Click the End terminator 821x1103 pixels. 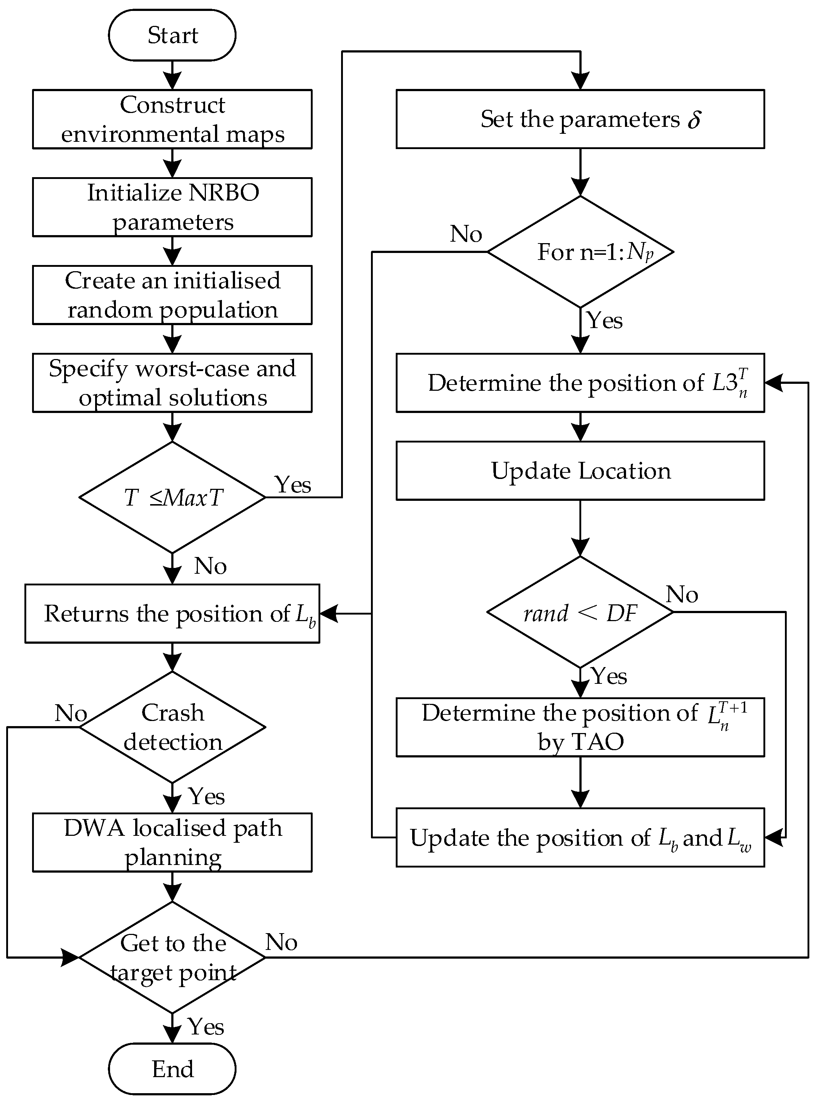tap(172, 1069)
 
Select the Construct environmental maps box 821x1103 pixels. tap(172, 119)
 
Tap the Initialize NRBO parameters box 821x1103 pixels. tap(172, 207)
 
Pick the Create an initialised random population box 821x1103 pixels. tap(172, 295)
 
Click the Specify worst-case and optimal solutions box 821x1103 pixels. tap(172, 383)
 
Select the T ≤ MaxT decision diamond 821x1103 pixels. tap(172, 497)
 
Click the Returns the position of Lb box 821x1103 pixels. tap(172, 613)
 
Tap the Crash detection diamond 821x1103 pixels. tap(172, 727)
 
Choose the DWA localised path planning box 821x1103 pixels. tap(172, 842)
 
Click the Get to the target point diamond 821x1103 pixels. tap(172, 957)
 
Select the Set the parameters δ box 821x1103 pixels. tap(580, 119)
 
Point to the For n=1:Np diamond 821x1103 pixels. tap(580, 252)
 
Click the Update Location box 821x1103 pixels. tap(580, 471)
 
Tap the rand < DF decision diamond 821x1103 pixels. tap(580, 612)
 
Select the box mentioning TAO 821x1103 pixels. tap(580, 727)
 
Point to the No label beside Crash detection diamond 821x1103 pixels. tap(71, 713)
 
